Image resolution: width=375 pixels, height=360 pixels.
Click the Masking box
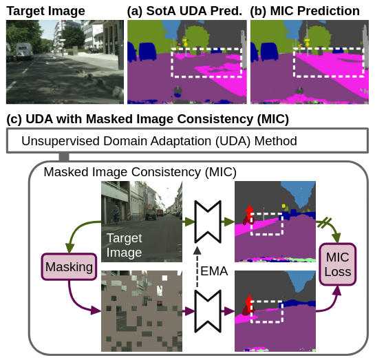point(69,266)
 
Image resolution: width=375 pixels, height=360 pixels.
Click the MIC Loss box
point(338,264)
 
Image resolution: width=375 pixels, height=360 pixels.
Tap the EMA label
point(214,271)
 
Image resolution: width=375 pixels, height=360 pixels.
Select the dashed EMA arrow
point(197,267)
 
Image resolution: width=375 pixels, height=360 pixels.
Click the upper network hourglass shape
point(208,222)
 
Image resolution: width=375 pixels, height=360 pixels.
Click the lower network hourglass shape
point(208,311)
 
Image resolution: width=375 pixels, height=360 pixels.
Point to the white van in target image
point(24,51)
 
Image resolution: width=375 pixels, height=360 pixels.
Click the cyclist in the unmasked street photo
point(116,214)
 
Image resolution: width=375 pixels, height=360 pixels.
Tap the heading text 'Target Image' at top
point(45,11)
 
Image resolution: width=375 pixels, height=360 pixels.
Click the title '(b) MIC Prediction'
point(305,11)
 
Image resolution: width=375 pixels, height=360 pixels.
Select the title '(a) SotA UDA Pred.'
point(184,11)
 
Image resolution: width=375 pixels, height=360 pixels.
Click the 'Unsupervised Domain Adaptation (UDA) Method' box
point(187,140)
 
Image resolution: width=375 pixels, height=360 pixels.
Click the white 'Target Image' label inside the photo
point(124,245)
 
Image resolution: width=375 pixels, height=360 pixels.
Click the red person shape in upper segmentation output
point(249,213)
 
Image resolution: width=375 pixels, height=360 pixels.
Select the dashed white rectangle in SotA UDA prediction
point(171,63)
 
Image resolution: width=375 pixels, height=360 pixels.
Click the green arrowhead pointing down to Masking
point(69,248)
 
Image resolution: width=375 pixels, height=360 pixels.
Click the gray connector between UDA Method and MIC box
point(64,157)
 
